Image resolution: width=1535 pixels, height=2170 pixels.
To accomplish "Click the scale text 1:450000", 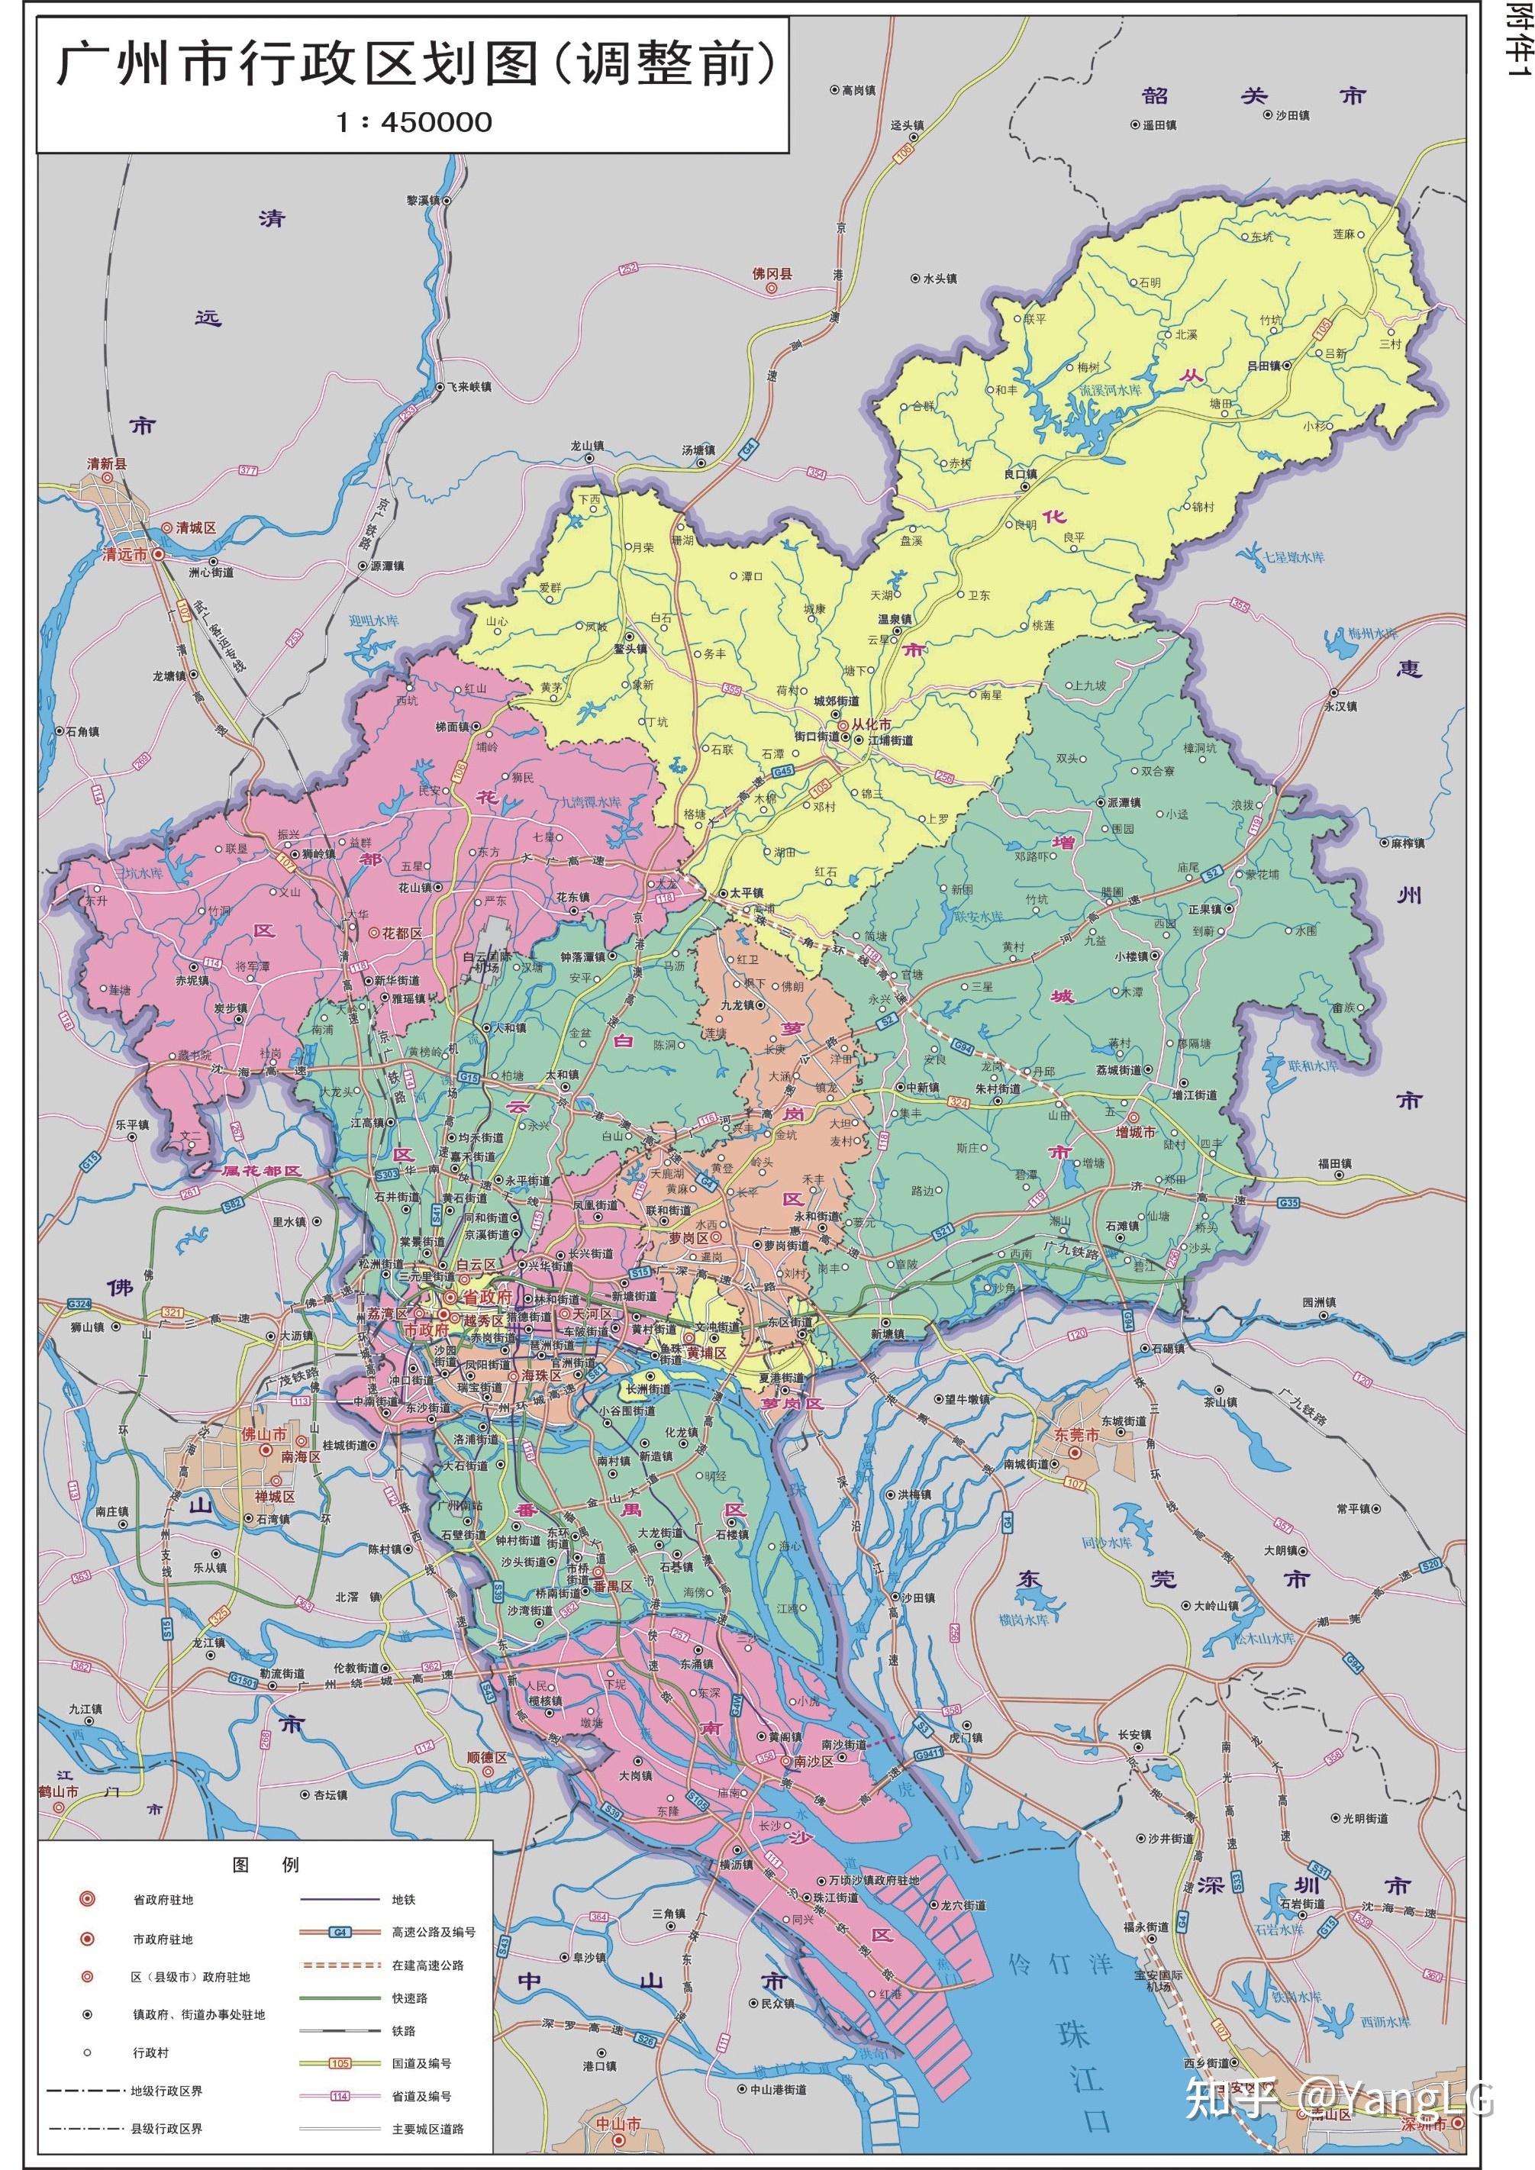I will coord(414,122).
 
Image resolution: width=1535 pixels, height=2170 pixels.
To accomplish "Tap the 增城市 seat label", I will coord(1135,1131).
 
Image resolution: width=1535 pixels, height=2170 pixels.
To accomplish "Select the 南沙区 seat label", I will coord(813,1762).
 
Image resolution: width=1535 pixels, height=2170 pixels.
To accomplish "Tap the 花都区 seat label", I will coord(401,933).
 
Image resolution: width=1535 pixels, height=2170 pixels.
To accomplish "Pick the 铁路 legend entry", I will coord(404,2030).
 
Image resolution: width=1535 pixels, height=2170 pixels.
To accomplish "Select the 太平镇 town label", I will coord(745,892).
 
